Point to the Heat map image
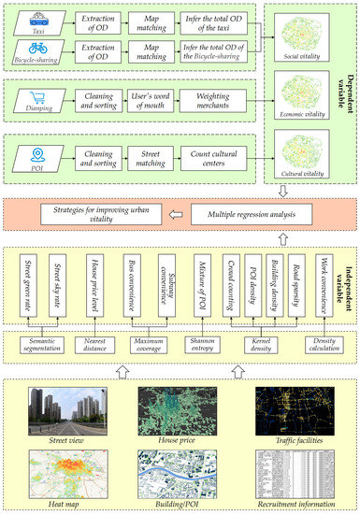[x=63, y=472]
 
